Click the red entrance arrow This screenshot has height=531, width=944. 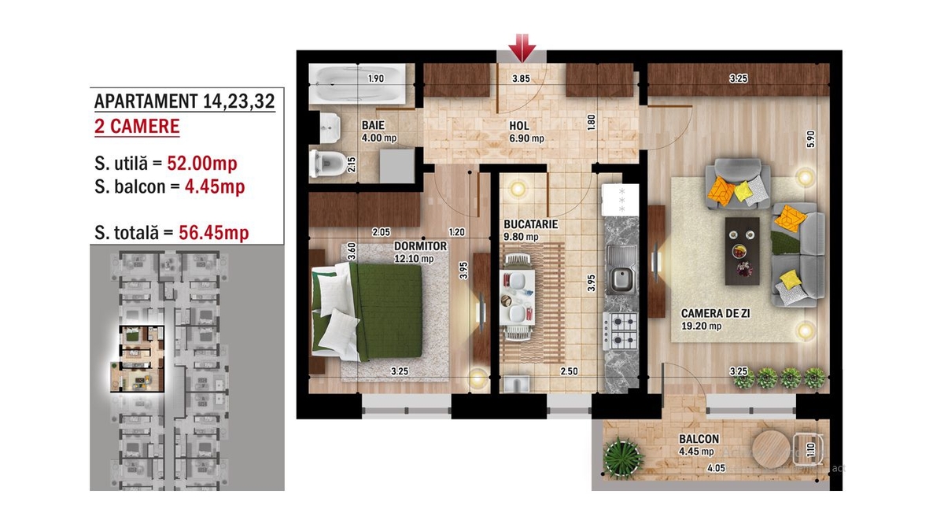(x=522, y=48)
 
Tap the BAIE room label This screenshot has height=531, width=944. (x=373, y=125)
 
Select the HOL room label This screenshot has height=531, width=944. (x=519, y=126)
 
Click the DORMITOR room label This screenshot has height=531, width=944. (x=420, y=245)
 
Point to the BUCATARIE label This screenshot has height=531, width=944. (x=530, y=224)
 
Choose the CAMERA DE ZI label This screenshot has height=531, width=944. (x=715, y=314)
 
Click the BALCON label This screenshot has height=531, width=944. (x=699, y=439)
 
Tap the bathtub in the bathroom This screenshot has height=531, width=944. (x=357, y=83)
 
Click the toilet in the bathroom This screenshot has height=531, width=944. (x=324, y=164)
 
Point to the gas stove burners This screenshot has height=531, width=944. (x=621, y=331)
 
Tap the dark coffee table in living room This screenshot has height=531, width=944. (x=742, y=251)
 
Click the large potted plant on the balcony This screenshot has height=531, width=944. (x=623, y=458)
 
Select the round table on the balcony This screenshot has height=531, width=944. (x=771, y=449)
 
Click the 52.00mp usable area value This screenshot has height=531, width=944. (x=202, y=164)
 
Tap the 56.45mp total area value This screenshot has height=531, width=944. (x=214, y=233)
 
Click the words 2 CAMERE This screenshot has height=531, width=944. (x=137, y=127)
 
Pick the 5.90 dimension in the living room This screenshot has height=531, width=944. (x=811, y=139)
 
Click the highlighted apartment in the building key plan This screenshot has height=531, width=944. (x=138, y=359)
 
